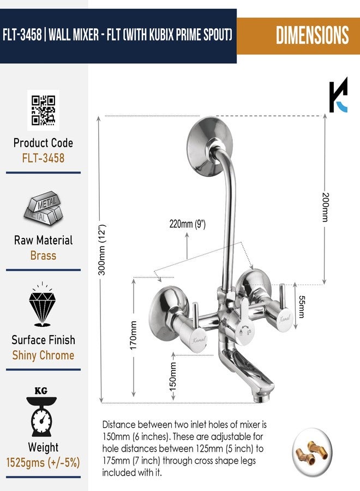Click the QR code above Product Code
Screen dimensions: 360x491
[x=43, y=110]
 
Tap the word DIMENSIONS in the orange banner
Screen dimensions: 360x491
[x=312, y=35]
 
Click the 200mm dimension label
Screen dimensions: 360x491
[x=326, y=207]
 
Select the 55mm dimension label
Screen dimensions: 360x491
[x=301, y=307]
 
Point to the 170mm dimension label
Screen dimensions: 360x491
[x=133, y=335]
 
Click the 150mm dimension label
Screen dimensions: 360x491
[x=172, y=376]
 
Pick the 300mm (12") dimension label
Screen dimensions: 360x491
[x=103, y=249]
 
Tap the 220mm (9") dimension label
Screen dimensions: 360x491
[x=188, y=224]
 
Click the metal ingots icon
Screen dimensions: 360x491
[x=43, y=208]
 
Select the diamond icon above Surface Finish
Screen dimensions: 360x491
[x=43, y=304]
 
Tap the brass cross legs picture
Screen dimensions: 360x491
[x=312, y=451]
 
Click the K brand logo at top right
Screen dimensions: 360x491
[x=338, y=94]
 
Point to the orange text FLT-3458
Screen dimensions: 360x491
[x=43, y=158]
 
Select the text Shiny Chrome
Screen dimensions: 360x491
[x=43, y=355]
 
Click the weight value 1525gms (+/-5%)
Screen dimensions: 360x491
[x=43, y=463]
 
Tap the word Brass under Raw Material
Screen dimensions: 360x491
[x=43, y=255]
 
